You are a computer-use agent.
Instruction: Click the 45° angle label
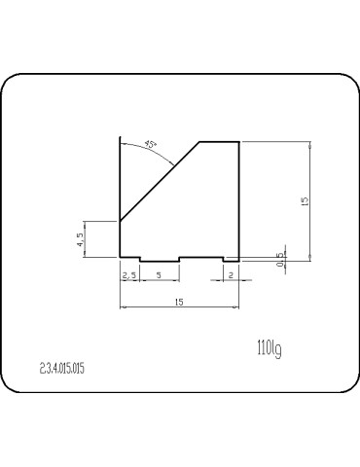pos(151,144)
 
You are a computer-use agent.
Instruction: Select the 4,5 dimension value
pos(80,239)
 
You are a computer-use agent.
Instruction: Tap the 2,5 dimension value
pos(128,275)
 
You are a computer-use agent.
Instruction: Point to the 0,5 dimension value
pos(280,260)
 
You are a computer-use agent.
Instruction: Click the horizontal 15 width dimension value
pos(179,302)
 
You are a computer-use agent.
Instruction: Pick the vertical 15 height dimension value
pos(305,201)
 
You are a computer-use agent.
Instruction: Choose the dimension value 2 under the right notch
pos(231,275)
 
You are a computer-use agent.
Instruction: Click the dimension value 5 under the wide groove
pos(159,275)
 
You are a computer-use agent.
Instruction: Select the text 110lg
pos(270,348)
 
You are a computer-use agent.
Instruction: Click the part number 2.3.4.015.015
pos(62,369)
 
